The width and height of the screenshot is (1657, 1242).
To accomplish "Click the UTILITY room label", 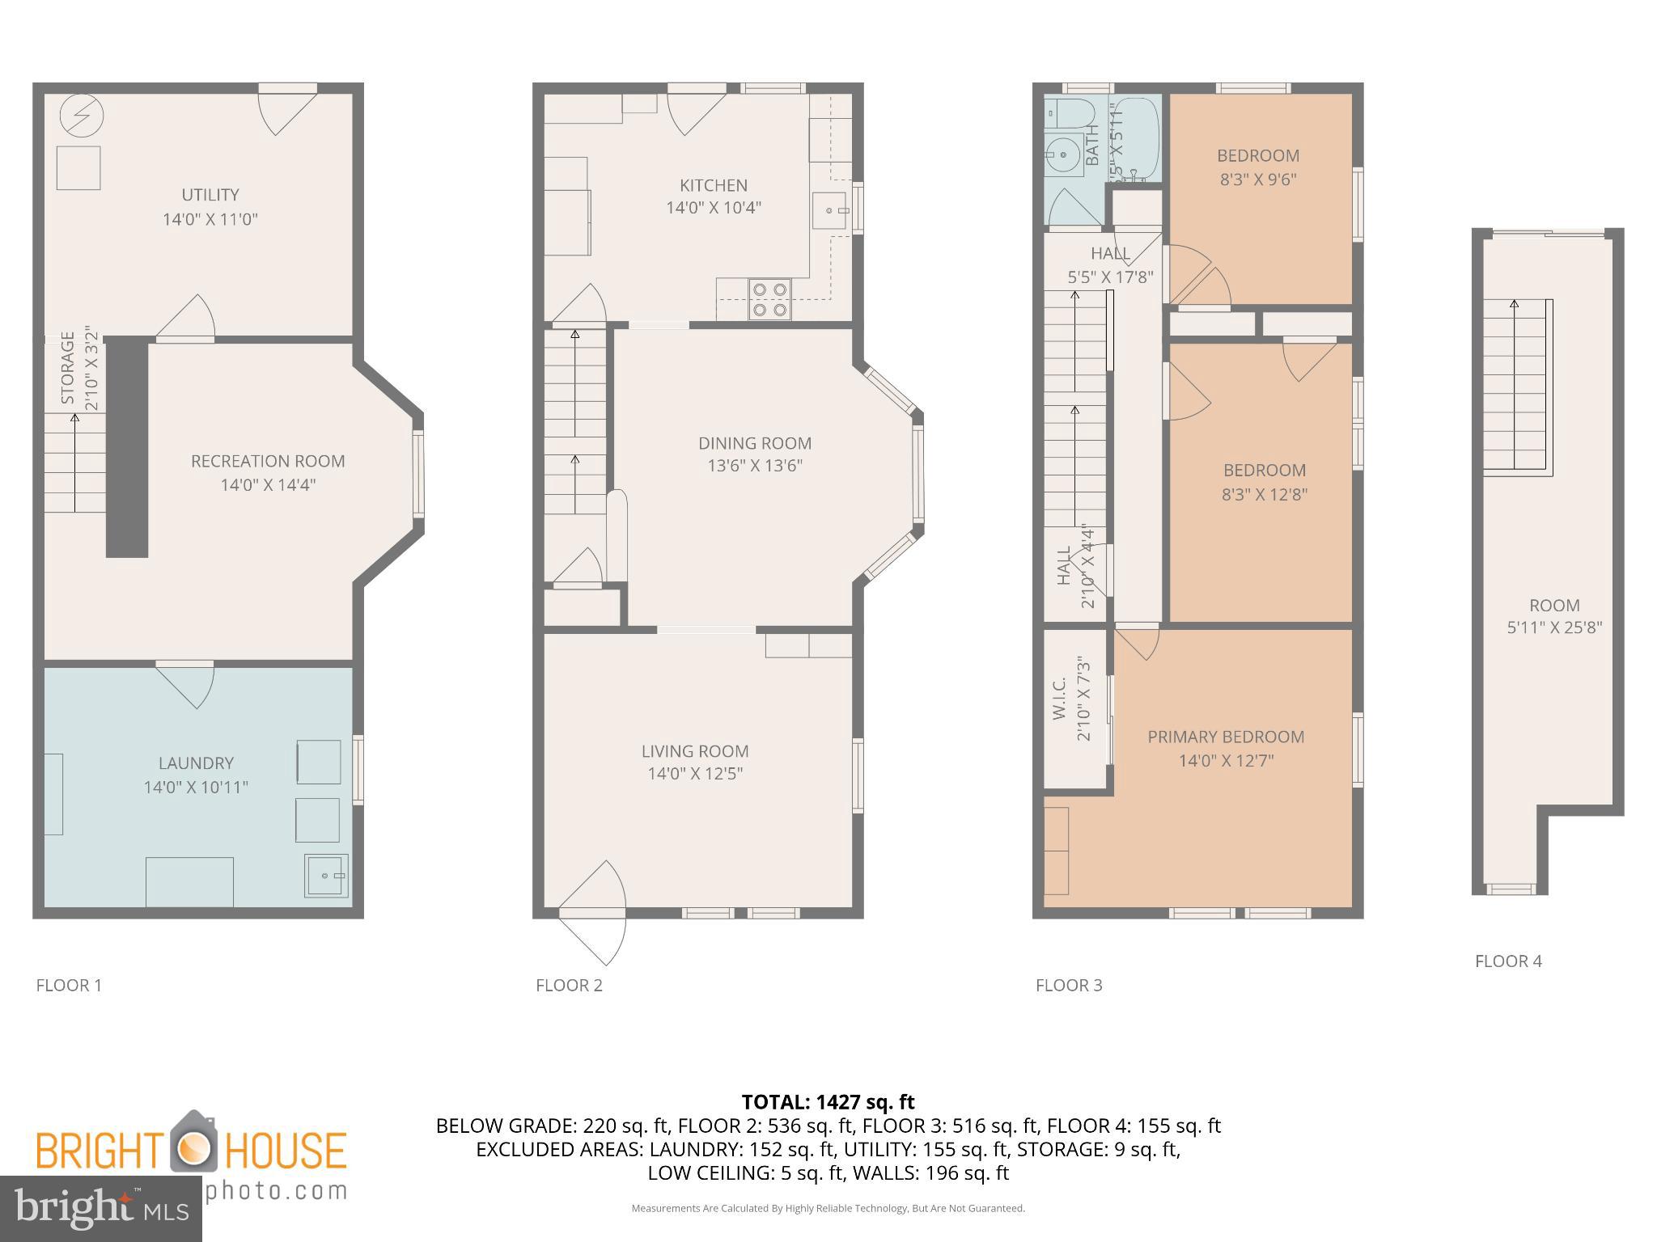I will click(x=210, y=195).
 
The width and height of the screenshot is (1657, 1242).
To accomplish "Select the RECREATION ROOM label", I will click(x=268, y=461).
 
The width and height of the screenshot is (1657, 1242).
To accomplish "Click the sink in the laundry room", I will click(x=326, y=875).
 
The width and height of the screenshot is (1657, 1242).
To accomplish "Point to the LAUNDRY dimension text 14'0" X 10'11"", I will click(x=196, y=787).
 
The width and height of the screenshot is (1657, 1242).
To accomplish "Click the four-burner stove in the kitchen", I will click(x=769, y=298).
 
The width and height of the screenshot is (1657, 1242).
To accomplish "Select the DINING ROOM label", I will click(x=754, y=443).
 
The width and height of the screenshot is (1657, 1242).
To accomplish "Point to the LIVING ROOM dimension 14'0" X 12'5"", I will click(x=695, y=774).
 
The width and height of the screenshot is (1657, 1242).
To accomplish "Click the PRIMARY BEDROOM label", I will click(x=1226, y=737).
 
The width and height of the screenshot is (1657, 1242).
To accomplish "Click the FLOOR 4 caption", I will click(x=1508, y=961).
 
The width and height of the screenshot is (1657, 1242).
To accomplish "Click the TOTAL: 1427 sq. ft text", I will click(x=828, y=1101).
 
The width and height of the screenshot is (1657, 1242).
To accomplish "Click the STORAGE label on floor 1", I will click(x=68, y=368).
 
